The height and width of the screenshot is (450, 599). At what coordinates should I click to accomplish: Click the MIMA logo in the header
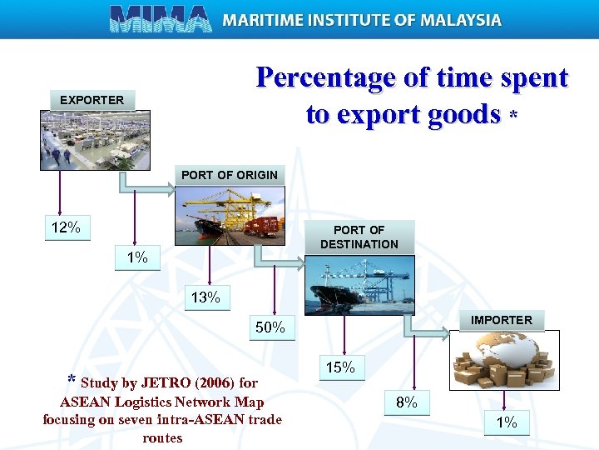click(161, 18)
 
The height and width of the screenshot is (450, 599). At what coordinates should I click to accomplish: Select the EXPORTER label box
click(92, 100)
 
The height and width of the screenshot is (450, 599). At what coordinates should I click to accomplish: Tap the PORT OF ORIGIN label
click(229, 175)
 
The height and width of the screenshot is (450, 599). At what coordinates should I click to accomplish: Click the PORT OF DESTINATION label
click(359, 237)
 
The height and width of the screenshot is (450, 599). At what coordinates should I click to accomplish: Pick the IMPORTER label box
click(501, 320)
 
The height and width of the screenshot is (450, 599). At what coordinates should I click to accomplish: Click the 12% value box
click(67, 227)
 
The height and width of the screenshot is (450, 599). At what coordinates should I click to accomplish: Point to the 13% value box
click(205, 297)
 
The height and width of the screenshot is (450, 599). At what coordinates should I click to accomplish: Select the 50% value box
click(270, 327)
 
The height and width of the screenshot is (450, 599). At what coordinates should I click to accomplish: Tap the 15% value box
click(340, 367)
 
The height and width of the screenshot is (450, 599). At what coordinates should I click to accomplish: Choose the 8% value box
click(407, 403)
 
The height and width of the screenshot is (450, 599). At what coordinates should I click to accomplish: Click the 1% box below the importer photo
click(507, 422)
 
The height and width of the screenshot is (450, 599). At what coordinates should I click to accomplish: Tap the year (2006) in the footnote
click(215, 383)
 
